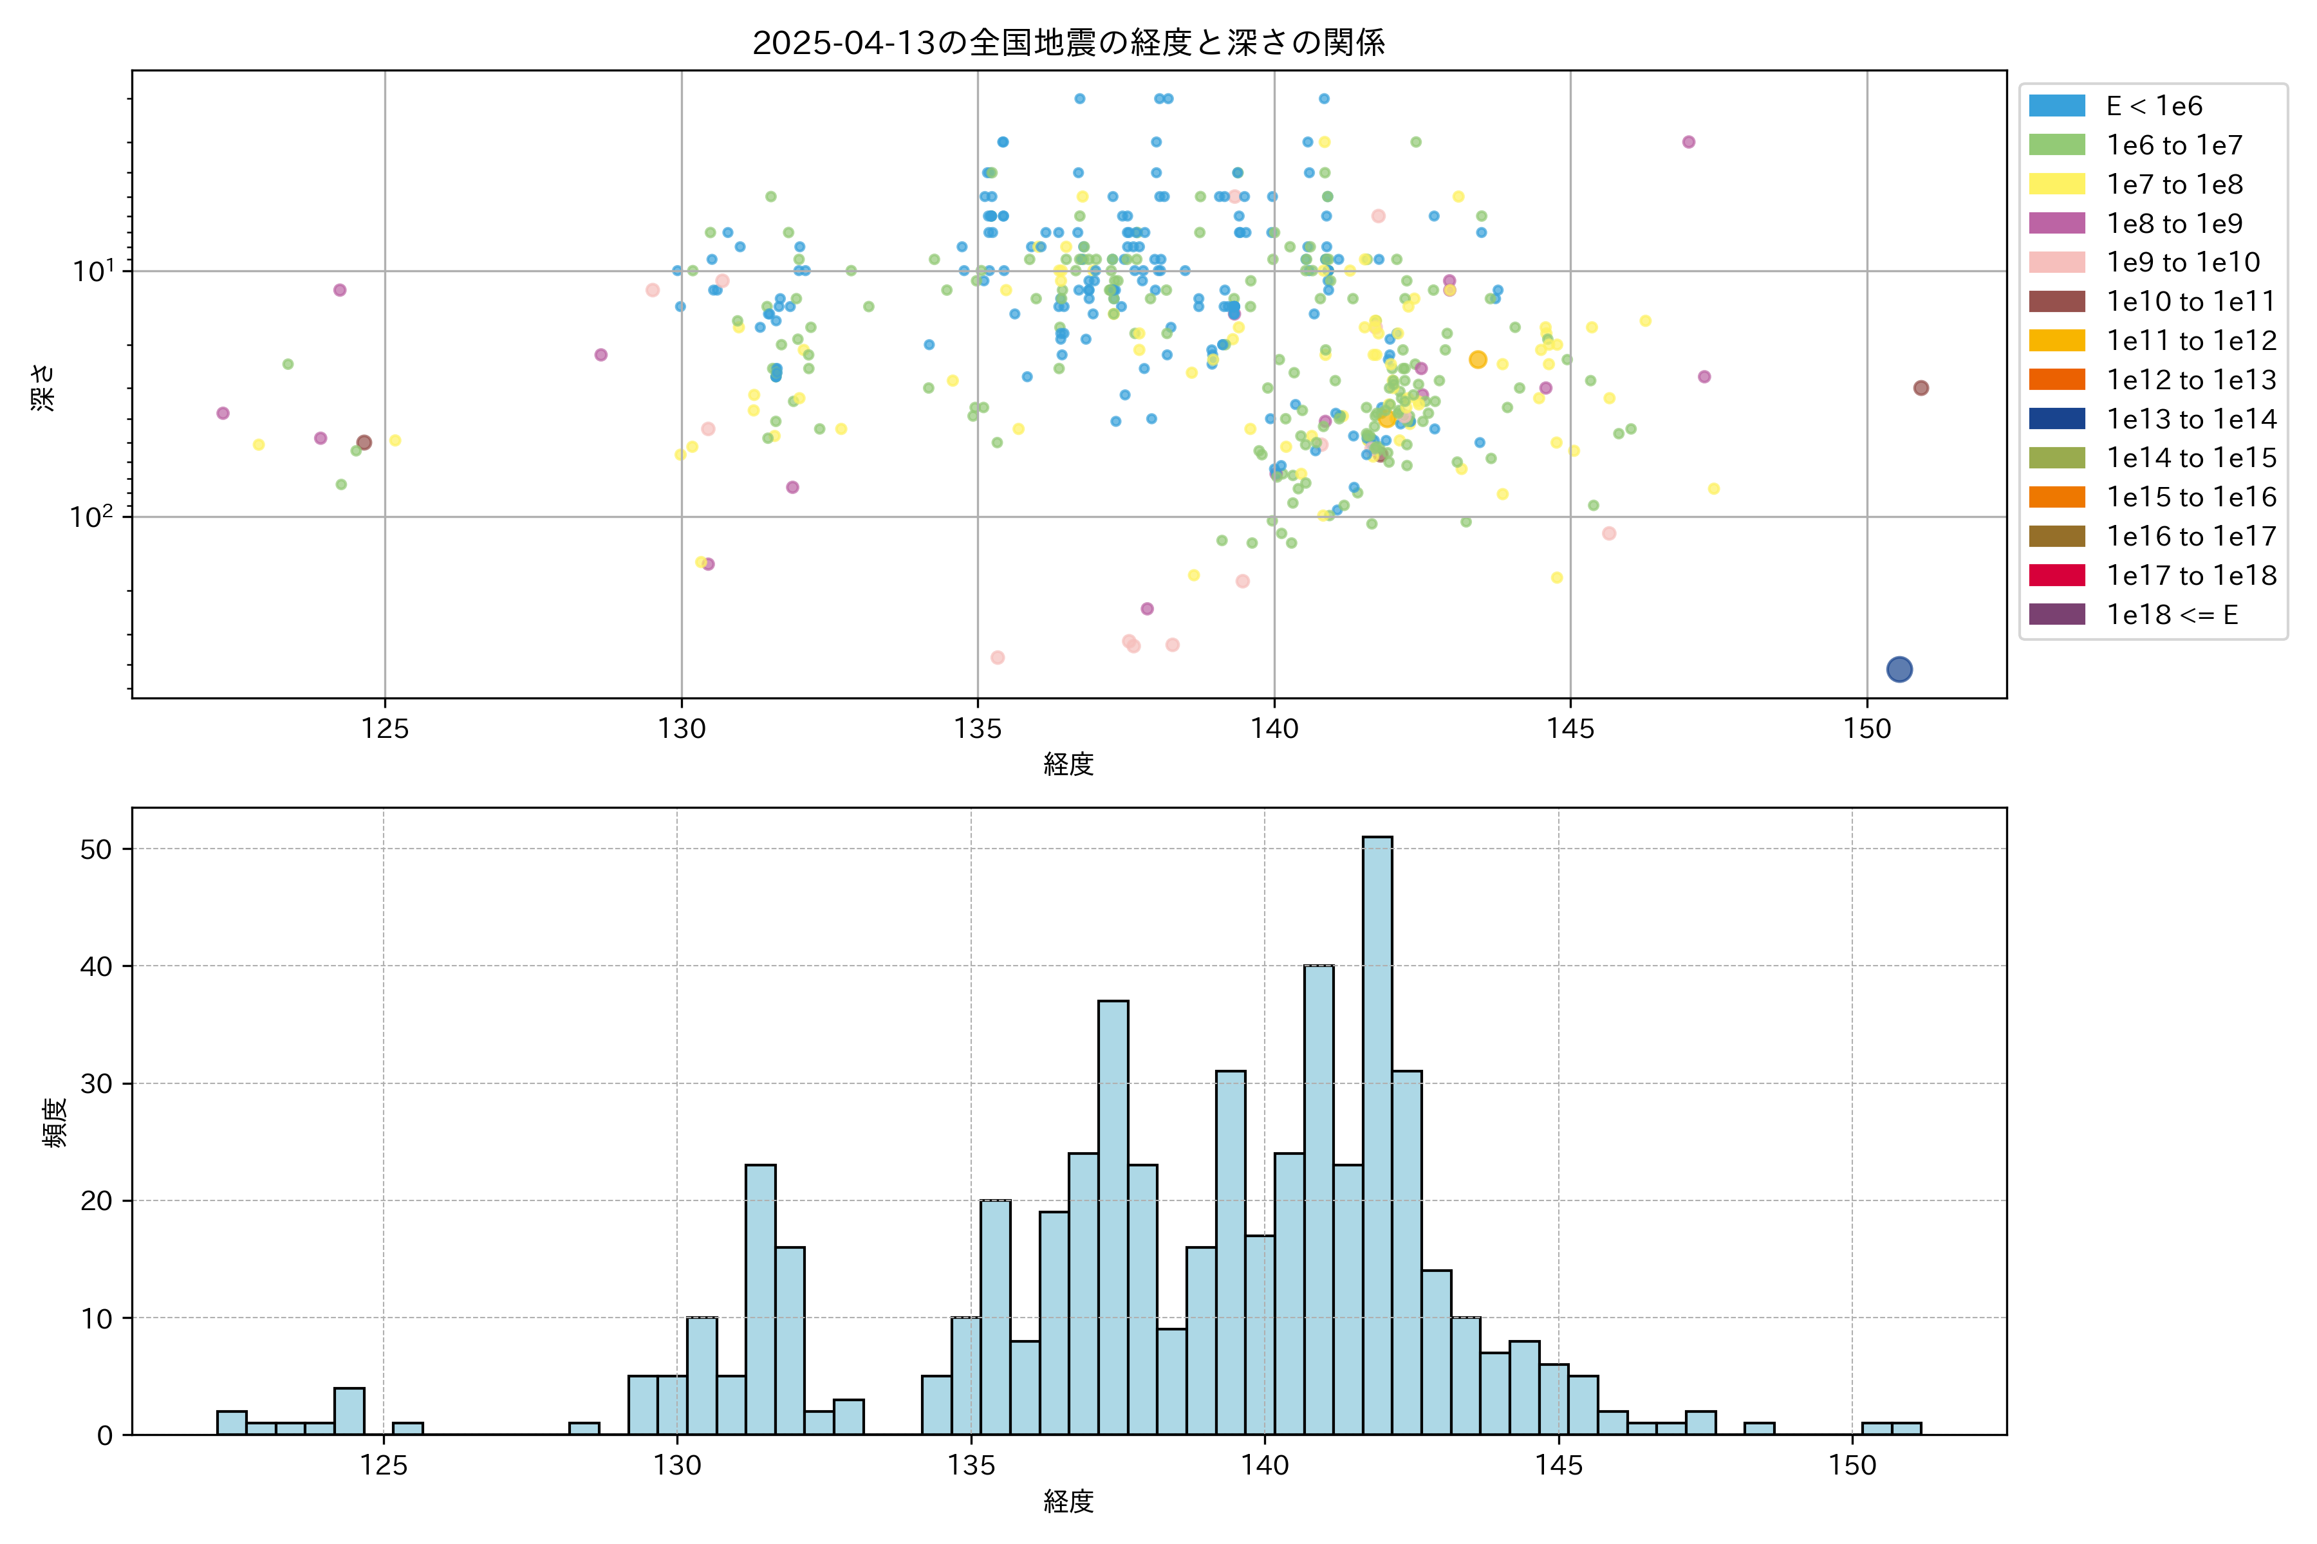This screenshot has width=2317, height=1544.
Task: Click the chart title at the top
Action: click(1069, 42)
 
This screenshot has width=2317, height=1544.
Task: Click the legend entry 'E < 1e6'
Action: click(2154, 106)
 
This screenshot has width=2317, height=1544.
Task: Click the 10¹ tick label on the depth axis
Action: click(93, 271)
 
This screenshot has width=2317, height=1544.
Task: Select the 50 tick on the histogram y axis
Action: click(97, 849)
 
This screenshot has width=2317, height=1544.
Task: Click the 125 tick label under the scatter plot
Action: click(384, 729)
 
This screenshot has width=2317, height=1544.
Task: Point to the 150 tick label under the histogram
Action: click(1852, 1466)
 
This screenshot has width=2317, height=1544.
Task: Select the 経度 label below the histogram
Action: click(1069, 1502)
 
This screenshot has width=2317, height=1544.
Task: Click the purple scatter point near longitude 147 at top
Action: click(1688, 142)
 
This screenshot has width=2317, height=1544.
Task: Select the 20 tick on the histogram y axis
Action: click(97, 1200)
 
